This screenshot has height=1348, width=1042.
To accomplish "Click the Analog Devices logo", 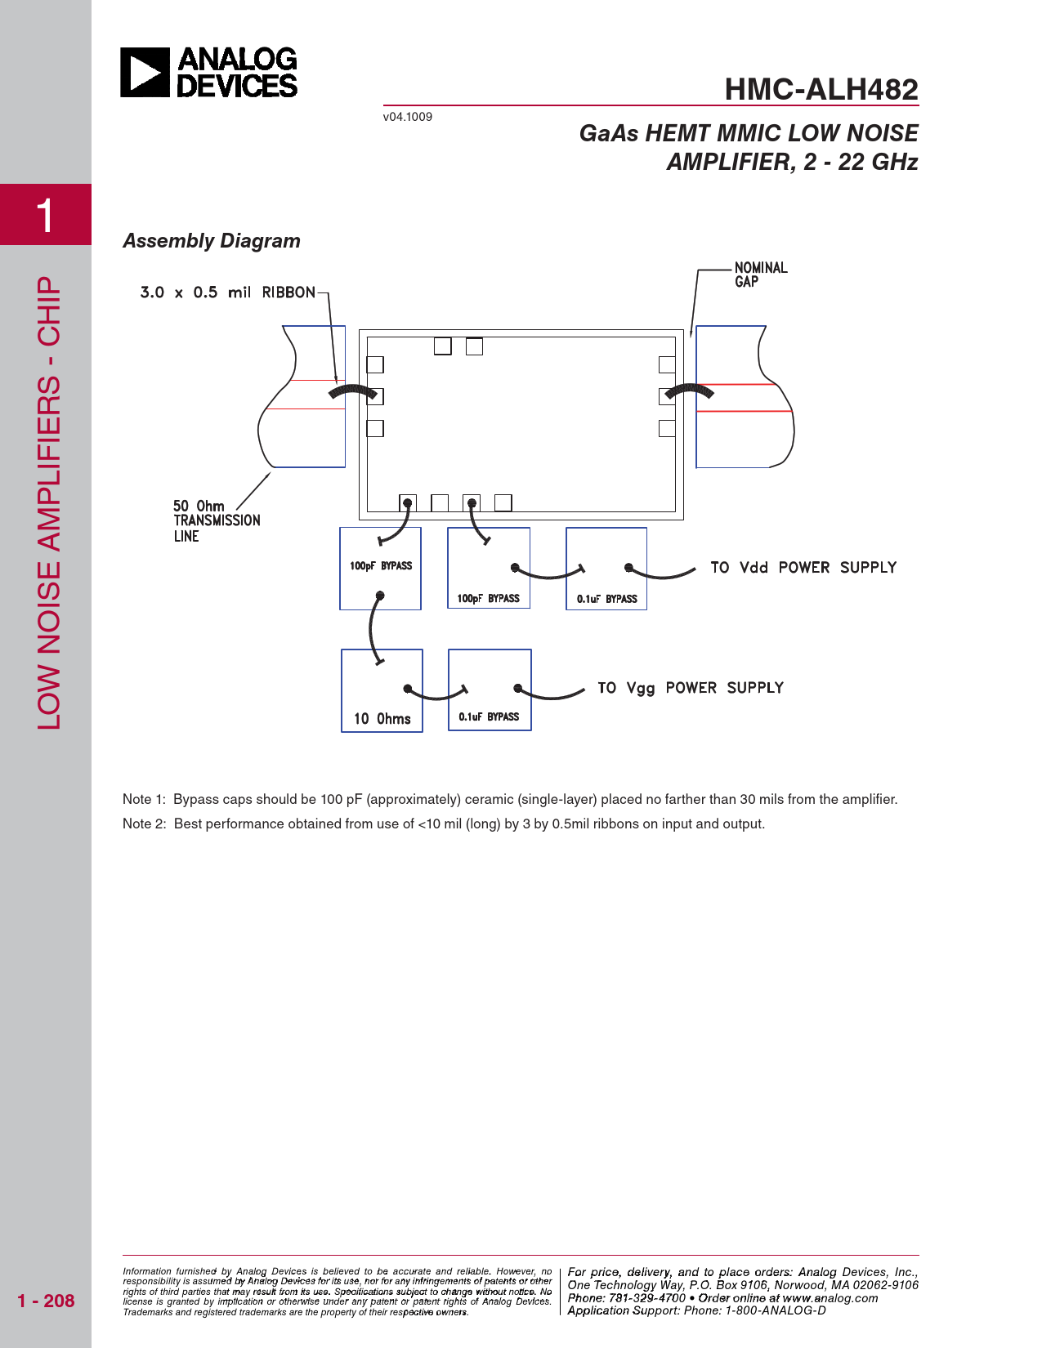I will [209, 73].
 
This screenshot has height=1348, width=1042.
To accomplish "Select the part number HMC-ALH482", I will [821, 89].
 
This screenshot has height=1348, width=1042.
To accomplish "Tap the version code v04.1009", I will [407, 117].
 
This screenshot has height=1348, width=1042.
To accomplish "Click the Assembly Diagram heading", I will [212, 241].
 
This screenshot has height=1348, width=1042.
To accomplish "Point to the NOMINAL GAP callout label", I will [760, 275].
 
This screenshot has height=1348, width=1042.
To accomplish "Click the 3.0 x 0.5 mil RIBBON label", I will [227, 292].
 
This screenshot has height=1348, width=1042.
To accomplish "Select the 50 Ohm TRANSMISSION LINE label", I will [216, 520].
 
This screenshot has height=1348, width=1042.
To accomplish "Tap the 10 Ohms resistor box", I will [382, 691].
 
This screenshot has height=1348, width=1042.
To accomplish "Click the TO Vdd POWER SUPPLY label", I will [803, 568].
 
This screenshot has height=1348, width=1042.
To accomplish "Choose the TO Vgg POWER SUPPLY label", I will [690, 688].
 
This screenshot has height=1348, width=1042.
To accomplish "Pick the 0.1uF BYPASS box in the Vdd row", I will [606, 569].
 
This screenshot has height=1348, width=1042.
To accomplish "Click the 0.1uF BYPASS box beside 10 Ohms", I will [490, 690].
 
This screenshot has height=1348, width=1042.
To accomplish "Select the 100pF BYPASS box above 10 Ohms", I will [380, 569].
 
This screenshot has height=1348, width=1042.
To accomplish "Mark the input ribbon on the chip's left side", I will [353, 392].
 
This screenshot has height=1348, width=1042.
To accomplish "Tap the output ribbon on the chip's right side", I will [689, 391].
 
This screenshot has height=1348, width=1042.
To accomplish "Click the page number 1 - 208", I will [46, 1301].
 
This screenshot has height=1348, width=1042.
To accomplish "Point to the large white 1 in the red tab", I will [45, 216].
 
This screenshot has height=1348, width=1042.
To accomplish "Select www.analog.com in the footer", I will [830, 1298].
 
